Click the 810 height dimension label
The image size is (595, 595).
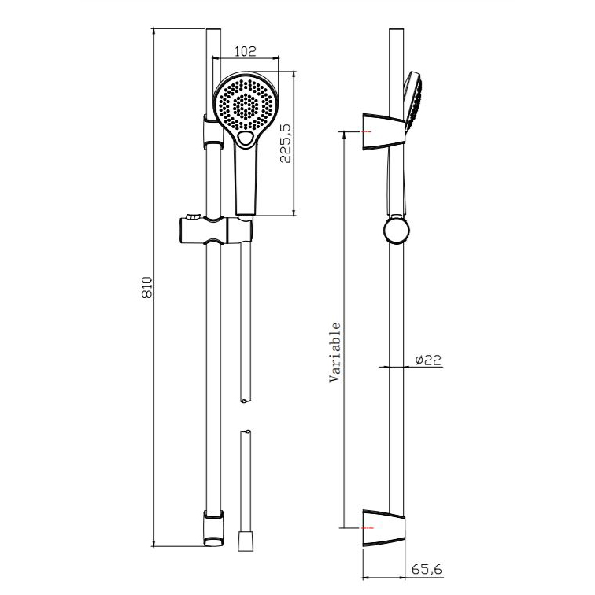[x=147, y=287]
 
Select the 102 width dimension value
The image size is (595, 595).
[x=245, y=51]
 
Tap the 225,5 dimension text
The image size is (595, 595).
[x=286, y=143]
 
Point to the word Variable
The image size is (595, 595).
[x=335, y=352]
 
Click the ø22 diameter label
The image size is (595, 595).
[x=428, y=360]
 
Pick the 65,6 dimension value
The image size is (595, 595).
[x=427, y=569]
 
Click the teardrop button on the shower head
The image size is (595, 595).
[x=246, y=139]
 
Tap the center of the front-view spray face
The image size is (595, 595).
[x=245, y=105]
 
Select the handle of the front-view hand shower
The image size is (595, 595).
[x=246, y=180]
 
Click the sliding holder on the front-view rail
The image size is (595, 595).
[x=216, y=230]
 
